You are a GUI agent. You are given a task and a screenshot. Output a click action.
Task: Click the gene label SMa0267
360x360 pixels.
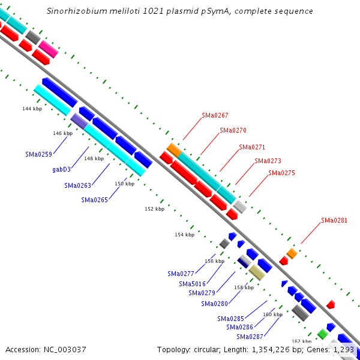coord(215,115)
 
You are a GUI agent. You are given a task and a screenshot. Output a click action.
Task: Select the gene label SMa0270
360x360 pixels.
coord(233,130)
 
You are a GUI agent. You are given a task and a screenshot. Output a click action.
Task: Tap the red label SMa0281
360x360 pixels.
coord(334,220)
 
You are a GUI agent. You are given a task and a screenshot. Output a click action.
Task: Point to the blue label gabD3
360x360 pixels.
coord(61,169)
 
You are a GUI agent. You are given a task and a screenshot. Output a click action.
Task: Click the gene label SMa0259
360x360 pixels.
coord(38,154)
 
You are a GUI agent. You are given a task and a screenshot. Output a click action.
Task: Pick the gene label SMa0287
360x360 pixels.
coord(248,336)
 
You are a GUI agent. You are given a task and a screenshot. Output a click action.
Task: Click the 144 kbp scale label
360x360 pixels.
coord(32,109)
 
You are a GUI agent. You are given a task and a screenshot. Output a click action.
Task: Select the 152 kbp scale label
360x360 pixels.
coord(154,209)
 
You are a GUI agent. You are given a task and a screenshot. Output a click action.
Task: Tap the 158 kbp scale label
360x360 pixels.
coord(244,287)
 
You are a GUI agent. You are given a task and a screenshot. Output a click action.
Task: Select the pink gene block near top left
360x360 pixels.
coord(48,49)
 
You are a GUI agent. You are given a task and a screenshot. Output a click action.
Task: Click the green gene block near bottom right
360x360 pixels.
coord(322,334)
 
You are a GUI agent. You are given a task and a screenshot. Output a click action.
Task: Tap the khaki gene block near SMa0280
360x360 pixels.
coord(257,273)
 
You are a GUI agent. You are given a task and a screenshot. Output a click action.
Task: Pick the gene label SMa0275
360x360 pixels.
coord(281,173)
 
